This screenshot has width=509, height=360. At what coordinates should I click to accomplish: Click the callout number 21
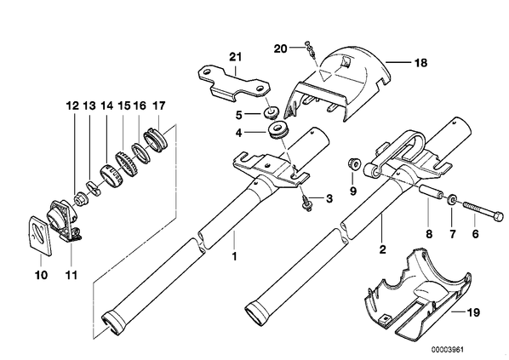coord(236,57)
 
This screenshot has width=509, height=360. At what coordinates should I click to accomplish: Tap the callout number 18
coord(420,62)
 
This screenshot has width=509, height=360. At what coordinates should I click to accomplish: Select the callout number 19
coord(472,312)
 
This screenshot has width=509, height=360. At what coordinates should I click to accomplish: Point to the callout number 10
coord(41,275)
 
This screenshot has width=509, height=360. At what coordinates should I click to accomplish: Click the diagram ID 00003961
coord(448,350)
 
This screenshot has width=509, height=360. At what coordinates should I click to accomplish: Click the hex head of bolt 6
coord(500,216)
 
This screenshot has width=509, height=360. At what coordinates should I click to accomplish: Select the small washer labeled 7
coord(451,200)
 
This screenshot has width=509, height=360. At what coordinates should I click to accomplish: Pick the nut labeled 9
coord(353,163)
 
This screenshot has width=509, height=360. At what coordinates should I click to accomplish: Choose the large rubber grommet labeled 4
coord(277,129)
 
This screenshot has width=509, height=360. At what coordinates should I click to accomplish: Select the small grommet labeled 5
coord(271,111)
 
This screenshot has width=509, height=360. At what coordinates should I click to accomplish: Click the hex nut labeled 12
coord(80,198)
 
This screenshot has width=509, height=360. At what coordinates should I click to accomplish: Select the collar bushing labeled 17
coord(157,137)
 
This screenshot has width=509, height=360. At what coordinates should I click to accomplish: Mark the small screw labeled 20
coord(310,50)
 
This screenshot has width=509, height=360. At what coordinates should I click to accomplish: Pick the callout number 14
coord(106,106)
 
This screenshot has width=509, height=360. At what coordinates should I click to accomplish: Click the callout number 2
coord(382,249)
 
